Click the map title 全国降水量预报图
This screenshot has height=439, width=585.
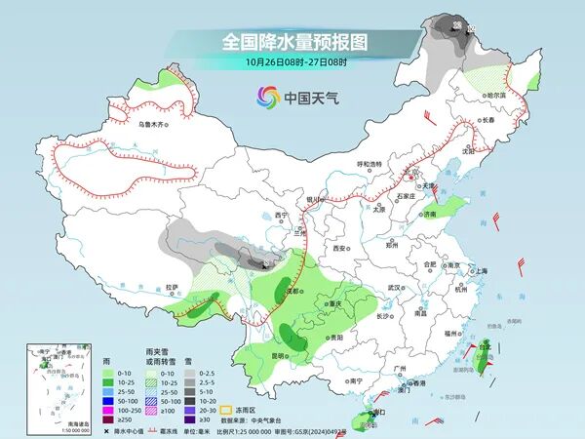(x=293, y=42)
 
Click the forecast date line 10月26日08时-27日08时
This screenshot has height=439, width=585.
(x=293, y=61)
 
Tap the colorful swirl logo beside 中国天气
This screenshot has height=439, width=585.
(x=266, y=96)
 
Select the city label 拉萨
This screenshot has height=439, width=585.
(x=173, y=287)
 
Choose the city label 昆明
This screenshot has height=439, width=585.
(x=279, y=355)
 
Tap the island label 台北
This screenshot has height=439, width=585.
(x=484, y=345)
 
